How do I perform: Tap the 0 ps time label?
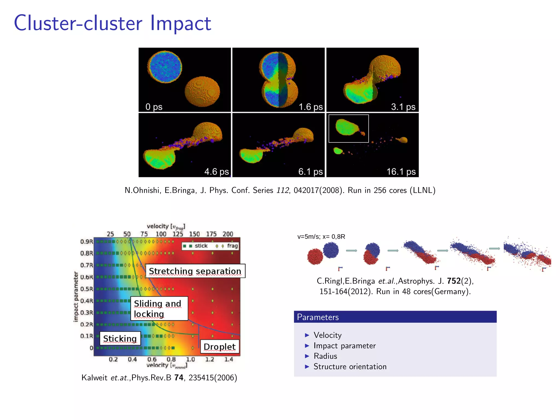(154, 107)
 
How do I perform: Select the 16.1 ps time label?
(401, 172)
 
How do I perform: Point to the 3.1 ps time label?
(403, 107)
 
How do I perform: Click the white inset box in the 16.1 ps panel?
(348, 129)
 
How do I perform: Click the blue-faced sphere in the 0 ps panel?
(165, 66)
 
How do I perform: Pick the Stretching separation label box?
(195, 271)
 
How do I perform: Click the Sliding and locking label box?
(159, 308)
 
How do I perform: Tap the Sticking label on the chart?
(120, 339)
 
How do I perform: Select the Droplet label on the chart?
(220, 347)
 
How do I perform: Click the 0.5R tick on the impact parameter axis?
(86, 289)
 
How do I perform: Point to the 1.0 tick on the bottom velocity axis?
(190, 359)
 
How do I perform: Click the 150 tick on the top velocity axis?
(194, 234)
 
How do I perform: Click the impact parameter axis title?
(76, 296)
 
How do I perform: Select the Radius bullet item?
(325, 356)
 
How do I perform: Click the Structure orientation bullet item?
(350, 366)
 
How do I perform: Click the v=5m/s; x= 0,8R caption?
(321, 237)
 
